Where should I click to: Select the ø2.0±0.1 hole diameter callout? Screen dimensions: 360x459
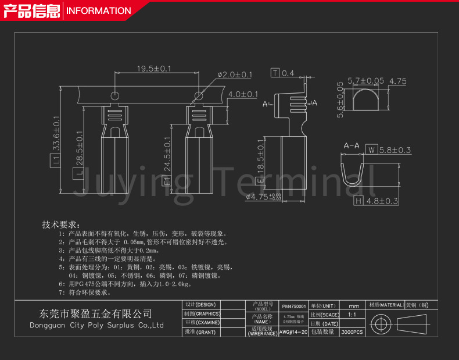tap(235, 74)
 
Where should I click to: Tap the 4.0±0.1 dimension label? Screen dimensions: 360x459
tap(243, 94)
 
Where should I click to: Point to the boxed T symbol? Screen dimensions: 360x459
tap(275, 73)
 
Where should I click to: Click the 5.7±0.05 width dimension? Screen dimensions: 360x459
tap(366, 81)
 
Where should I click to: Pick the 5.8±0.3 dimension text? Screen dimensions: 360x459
tap(395, 151)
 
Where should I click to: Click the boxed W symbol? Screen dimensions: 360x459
tap(371, 151)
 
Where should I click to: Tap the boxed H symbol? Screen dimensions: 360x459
tap(358, 201)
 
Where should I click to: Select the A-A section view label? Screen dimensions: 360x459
tap(352, 145)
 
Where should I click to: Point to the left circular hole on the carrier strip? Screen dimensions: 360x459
tap(115, 95)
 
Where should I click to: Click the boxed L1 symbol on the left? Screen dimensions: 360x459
tap(56, 159)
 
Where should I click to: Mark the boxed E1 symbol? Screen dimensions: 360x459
tap(167, 182)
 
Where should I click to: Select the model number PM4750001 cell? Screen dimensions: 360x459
tap(293, 306)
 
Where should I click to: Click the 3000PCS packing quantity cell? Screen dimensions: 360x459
tap(352, 332)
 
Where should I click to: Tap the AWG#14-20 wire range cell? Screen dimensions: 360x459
tap(293, 332)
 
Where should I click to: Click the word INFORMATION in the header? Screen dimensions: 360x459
tap(98, 10)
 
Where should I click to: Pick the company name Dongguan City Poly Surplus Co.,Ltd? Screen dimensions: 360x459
tap(96, 325)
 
